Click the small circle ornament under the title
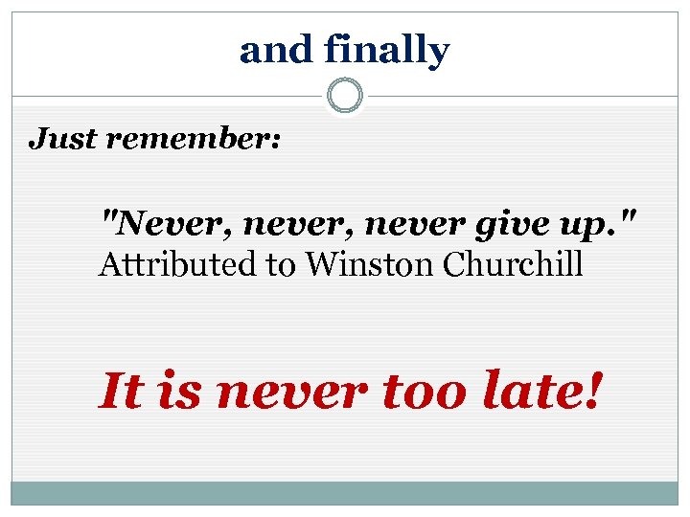click(x=345, y=96)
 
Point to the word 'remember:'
click(x=194, y=140)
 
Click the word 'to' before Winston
click(x=282, y=264)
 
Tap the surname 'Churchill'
click(x=514, y=264)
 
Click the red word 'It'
click(x=123, y=391)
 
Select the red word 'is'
click(x=182, y=391)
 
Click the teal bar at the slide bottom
click(x=345, y=493)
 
